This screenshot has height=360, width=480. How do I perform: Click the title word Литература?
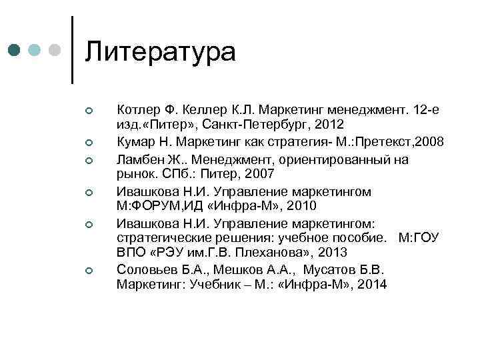click(x=161, y=52)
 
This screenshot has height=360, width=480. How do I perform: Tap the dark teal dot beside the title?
click(x=14, y=50)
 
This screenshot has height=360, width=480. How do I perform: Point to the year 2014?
click(x=371, y=285)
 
